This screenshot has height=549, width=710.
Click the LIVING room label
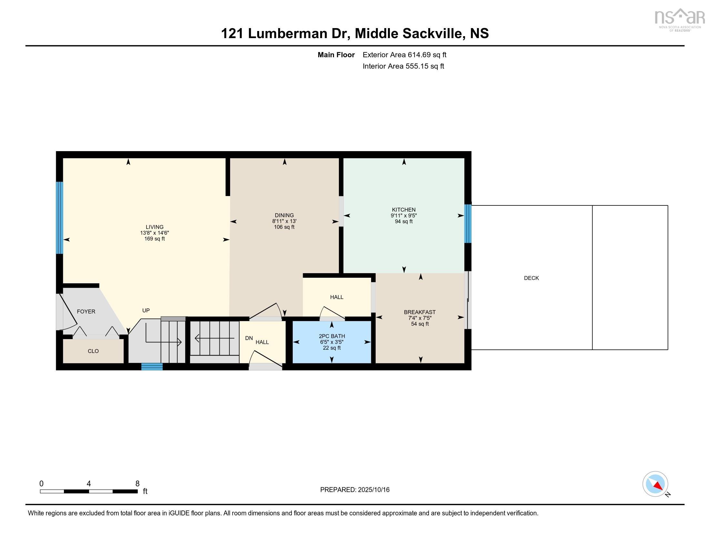(154, 227)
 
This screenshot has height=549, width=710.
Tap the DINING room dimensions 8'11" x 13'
(284, 221)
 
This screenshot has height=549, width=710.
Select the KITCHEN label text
(403, 210)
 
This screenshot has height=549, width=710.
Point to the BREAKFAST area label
(419, 312)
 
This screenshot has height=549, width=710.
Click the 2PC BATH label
(331, 336)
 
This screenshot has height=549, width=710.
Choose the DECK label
(531, 278)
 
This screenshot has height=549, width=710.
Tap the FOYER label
(86, 312)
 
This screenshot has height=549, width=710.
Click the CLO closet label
(93, 351)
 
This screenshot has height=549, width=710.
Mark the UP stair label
(146, 311)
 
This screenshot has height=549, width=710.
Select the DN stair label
(249, 338)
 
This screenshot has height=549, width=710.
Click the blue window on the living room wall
(59, 218)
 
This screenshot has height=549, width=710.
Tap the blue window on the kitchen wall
(468, 223)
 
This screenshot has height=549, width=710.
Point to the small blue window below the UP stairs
(152, 367)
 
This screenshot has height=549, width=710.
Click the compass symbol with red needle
(655, 484)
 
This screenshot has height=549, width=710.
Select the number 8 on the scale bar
(137, 484)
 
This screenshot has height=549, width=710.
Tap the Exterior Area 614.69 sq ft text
(404, 55)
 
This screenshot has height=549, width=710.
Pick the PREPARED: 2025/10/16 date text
(355, 490)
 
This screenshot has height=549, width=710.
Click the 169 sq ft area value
(154, 239)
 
